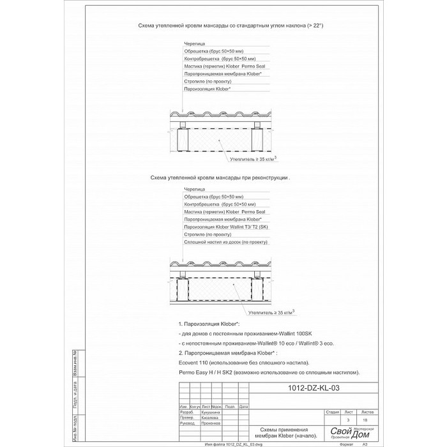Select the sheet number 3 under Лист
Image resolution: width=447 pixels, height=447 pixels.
tap(348, 420)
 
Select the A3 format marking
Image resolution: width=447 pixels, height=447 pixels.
tap(365, 443)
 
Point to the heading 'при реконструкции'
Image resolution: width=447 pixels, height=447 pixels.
tap(220, 179)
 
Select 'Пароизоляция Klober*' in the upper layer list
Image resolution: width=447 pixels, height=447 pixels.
tap(207, 89)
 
